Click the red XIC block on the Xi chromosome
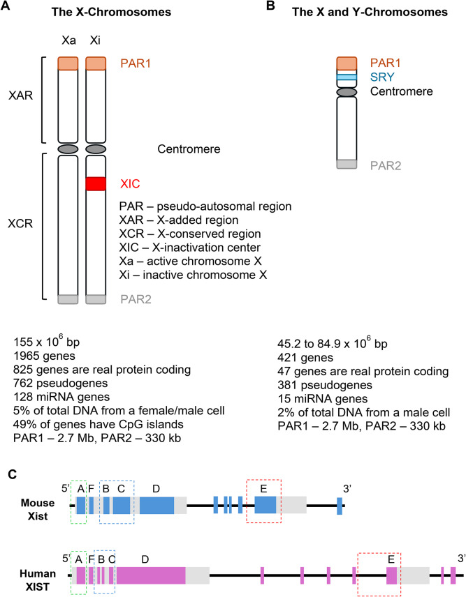pos(96,183)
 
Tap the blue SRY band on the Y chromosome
pos(347,80)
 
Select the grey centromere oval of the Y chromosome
pos(347,92)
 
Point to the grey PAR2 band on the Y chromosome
pos(347,164)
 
